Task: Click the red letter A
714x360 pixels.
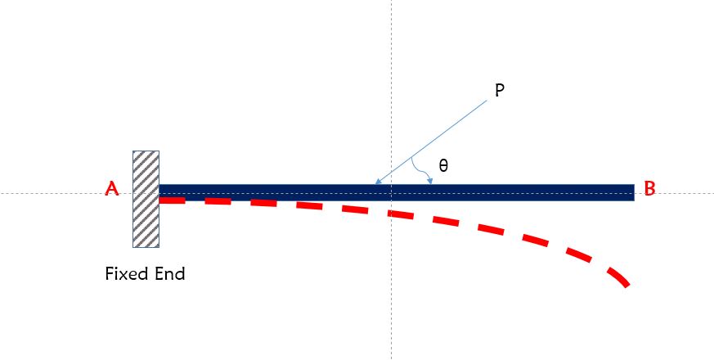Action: point(113,190)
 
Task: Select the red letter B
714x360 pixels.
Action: point(649,189)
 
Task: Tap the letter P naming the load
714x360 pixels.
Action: point(500,90)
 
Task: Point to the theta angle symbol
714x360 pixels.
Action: point(443,165)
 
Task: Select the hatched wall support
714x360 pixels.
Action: point(146,199)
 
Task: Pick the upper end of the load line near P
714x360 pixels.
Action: point(487,102)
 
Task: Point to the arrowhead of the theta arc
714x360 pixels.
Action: point(429,181)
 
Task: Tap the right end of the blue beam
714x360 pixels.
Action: point(632,192)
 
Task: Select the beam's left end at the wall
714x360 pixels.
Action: point(161,192)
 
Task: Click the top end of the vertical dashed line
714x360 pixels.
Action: point(392,2)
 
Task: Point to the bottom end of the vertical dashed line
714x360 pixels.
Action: point(392,357)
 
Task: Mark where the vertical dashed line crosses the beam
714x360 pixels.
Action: point(392,192)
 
